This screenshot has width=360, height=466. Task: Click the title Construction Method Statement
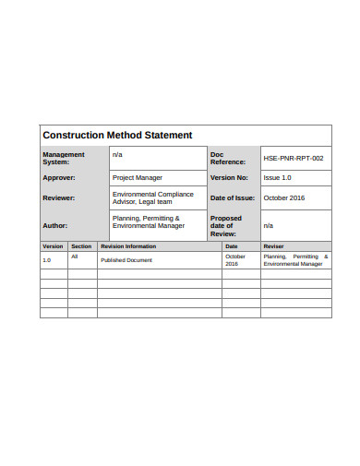coord(117,136)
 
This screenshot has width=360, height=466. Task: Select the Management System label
coord(64,159)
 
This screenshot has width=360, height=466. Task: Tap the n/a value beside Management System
coord(117,155)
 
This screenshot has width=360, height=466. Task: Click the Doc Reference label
coord(228,159)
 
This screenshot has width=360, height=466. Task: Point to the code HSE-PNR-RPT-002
coord(294,159)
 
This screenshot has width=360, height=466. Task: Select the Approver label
coord(59,177)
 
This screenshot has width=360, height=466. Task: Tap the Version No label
coord(230,177)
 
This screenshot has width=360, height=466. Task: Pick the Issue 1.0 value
coord(278,177)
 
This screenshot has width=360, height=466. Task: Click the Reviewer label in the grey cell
coord(59,198)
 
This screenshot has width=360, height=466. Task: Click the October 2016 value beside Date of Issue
coord(283,198)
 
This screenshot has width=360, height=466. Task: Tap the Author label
coord(55,225)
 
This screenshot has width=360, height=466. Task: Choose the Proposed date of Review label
coord(227,226)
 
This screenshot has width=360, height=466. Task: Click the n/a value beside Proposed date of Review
coord(269,225)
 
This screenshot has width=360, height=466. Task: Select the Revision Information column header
coord(128,246)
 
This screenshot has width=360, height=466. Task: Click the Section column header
coord(82,246)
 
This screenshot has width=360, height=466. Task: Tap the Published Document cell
coord(126,260)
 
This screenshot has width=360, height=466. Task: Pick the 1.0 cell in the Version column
coord(47,260)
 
